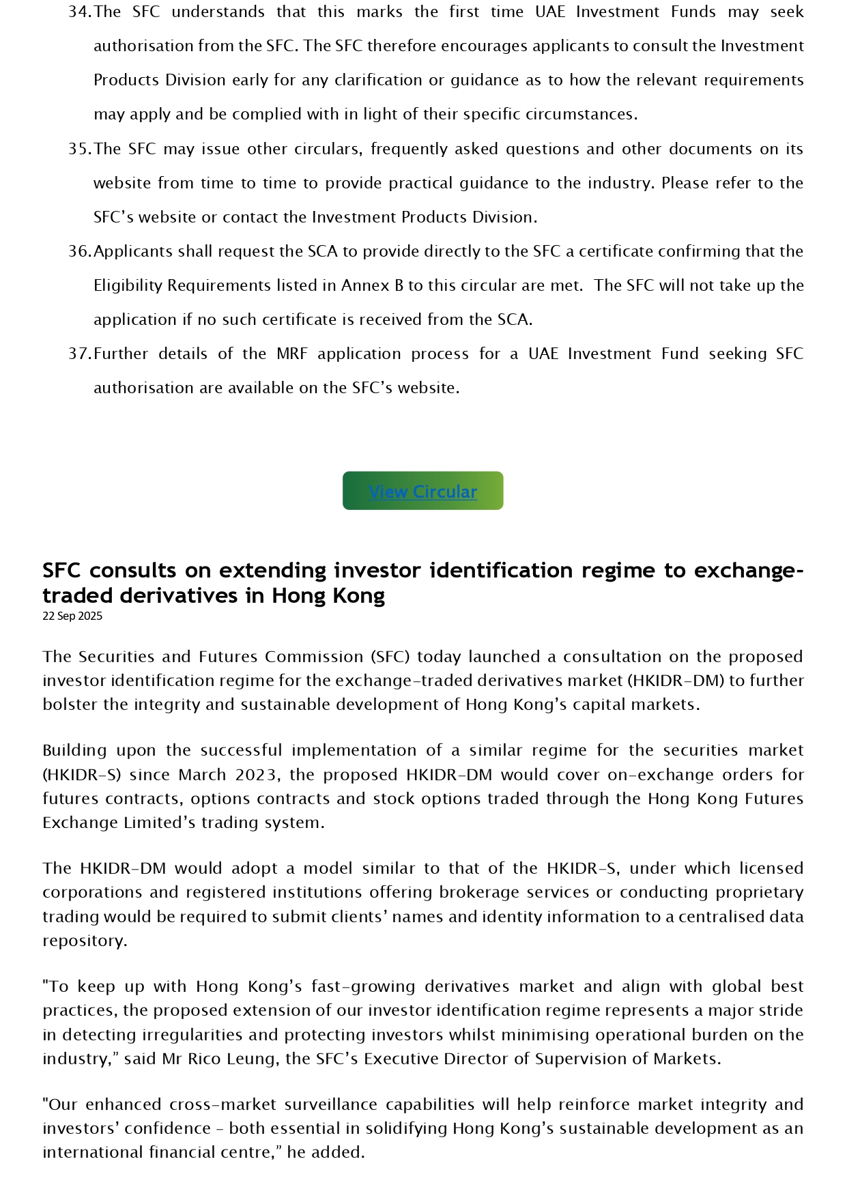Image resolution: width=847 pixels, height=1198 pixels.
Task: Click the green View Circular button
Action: coord(422,491)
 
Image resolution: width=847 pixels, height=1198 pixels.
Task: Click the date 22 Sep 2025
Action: coord(72,616)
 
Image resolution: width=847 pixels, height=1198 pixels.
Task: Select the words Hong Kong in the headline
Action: coord(328,595)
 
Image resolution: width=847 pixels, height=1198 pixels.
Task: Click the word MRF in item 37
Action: coord(292,354)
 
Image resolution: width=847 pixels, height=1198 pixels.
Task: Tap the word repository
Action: coord(85,941)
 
